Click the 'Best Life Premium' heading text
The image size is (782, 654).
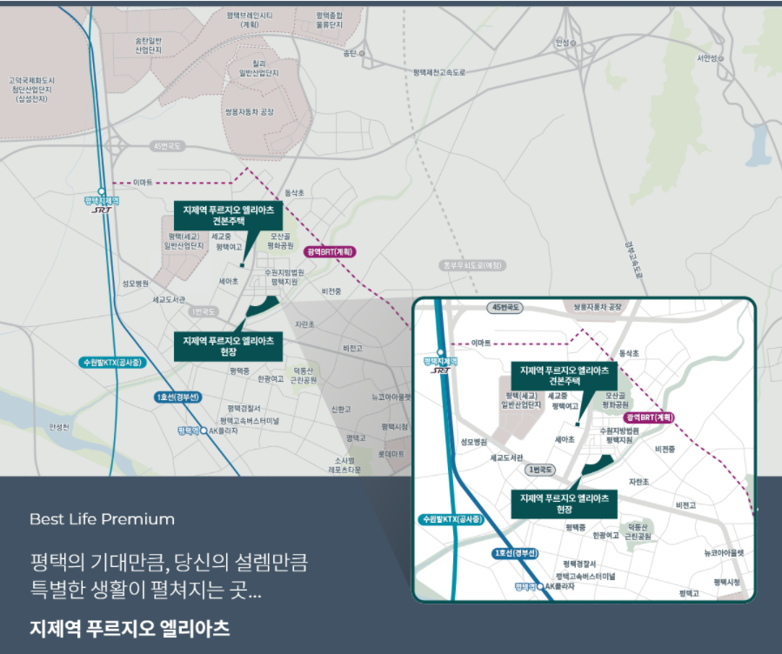point(102,519)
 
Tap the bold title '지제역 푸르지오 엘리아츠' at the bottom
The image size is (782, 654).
point(130,628)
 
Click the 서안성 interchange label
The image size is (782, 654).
point(706,58)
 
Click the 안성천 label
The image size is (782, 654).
point(58,427)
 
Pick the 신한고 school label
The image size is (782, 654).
point(341,409)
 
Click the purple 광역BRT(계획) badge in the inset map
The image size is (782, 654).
point(651,417)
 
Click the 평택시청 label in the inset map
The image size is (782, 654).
point(726,582)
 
